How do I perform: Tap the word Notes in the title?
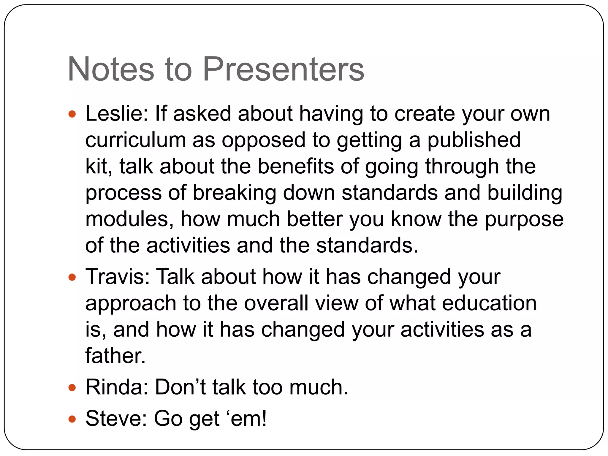[111, 69]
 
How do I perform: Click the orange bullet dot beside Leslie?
[72, 114]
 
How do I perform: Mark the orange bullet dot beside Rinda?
[72, 388]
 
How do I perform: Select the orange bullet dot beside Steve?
[72, 419]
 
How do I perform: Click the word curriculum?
[135, 140]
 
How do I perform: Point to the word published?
[474, 140]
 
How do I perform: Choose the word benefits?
[296, 166]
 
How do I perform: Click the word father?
[115, 356]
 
